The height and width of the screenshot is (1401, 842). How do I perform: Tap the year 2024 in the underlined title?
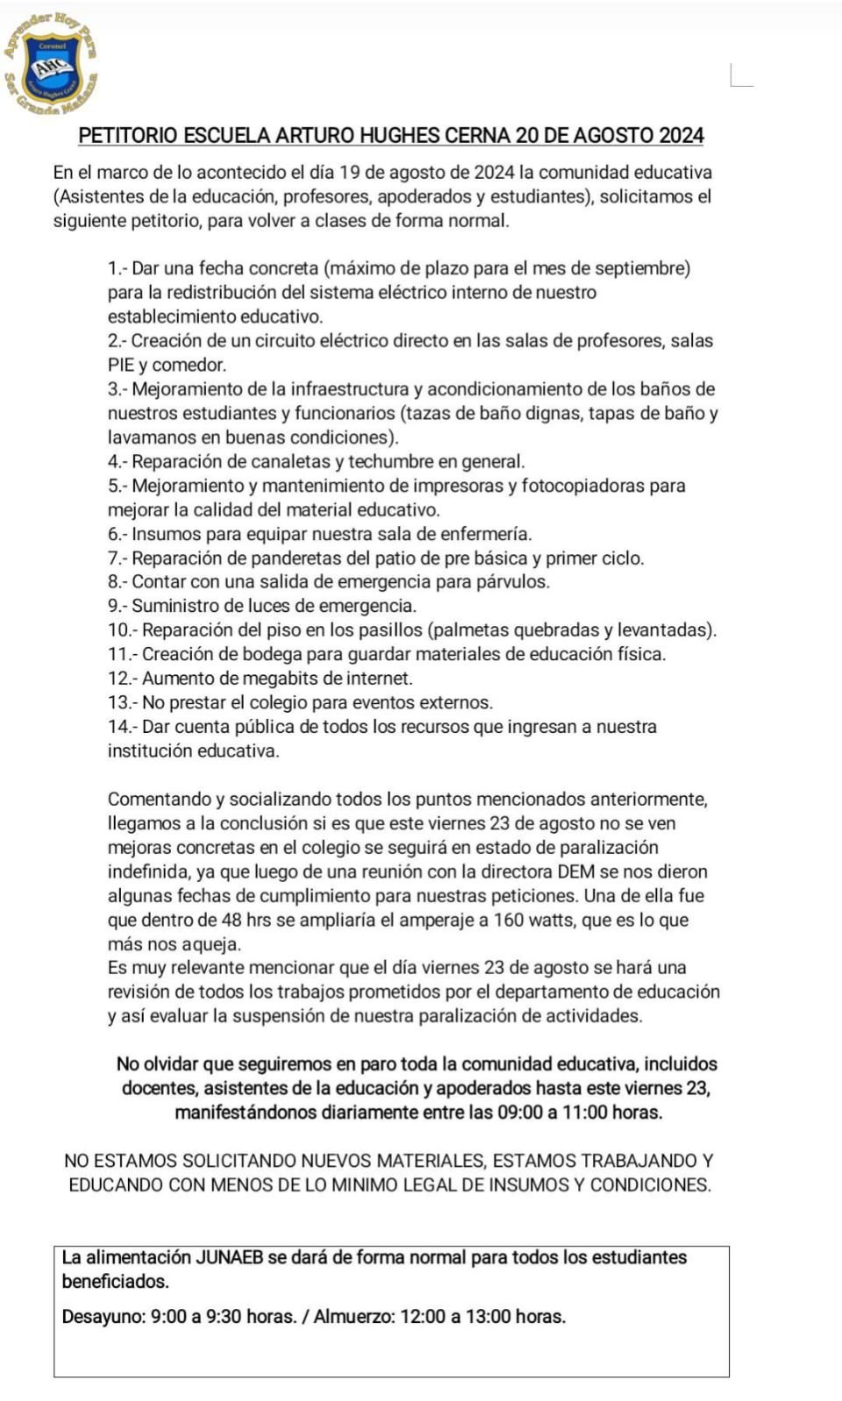(x=681, y=135)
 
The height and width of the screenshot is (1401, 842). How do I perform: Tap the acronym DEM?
(x=575, y=871)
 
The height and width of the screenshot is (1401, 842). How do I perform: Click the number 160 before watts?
(x=510, y=920)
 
